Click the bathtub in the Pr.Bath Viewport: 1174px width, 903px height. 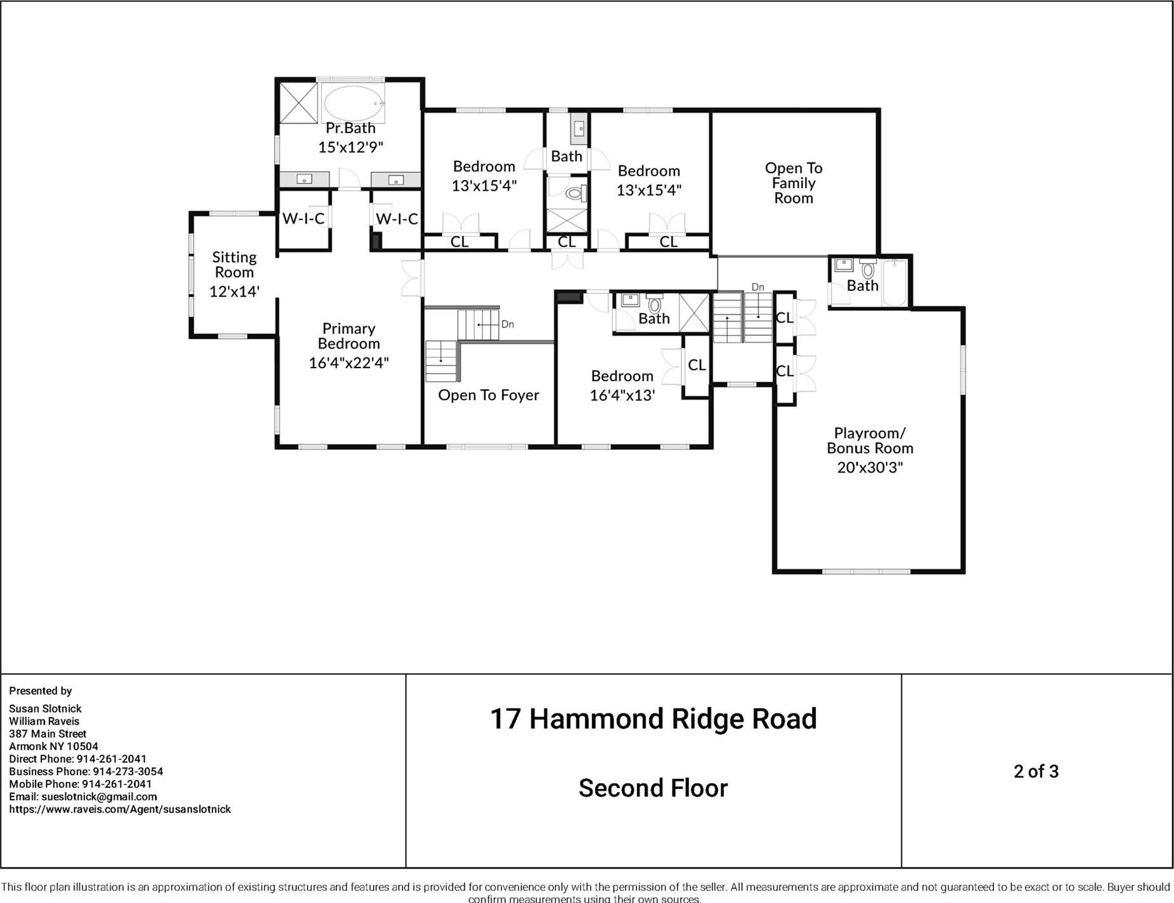coord(353,103)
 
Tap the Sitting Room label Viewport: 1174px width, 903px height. coord(234,264)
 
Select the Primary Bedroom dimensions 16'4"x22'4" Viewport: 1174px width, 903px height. coord(349,362)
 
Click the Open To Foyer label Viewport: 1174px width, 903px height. coord(488,395)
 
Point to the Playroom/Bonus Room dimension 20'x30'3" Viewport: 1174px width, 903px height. coord(870,467)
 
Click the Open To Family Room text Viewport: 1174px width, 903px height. coord(793,183)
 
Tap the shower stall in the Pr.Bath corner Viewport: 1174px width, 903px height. coord(298,101)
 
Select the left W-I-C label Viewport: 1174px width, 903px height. coord(303,219)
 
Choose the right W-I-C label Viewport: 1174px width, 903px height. coord(397,219)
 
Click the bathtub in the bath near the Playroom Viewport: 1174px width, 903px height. coord(895,283)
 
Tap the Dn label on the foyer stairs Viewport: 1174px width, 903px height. coord(507,324)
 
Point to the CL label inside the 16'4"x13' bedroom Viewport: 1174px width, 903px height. coord(697,365)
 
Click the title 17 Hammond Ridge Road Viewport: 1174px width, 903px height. coord(653,719)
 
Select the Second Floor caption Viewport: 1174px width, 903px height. coord(653,788)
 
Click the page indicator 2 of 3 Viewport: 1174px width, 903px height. coord(1036,771)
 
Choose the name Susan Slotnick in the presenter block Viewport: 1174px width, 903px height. coord(45,708)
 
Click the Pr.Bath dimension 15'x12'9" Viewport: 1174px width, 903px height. coord(351,147)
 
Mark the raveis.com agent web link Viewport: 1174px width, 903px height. coord(120,809)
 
